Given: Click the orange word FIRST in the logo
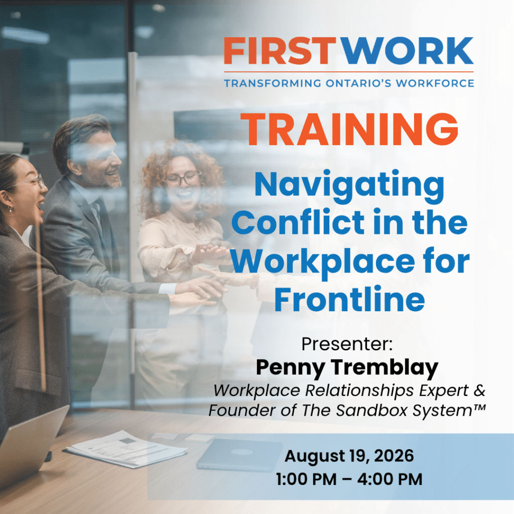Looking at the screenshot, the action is click(280, 51).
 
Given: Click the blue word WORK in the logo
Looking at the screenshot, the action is click(408, 51).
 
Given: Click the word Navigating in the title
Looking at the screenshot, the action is click(349, 185).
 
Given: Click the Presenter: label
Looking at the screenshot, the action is click(347, 344).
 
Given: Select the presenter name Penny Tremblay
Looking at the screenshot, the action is click(347, 368).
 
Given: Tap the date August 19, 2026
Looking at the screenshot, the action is click(349, 456).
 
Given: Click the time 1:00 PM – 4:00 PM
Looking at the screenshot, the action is click(349, 479).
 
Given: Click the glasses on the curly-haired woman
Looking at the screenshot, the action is click(183, 179).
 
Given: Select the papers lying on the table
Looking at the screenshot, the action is click(126, 449).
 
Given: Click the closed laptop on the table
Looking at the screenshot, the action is click(239, 454).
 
